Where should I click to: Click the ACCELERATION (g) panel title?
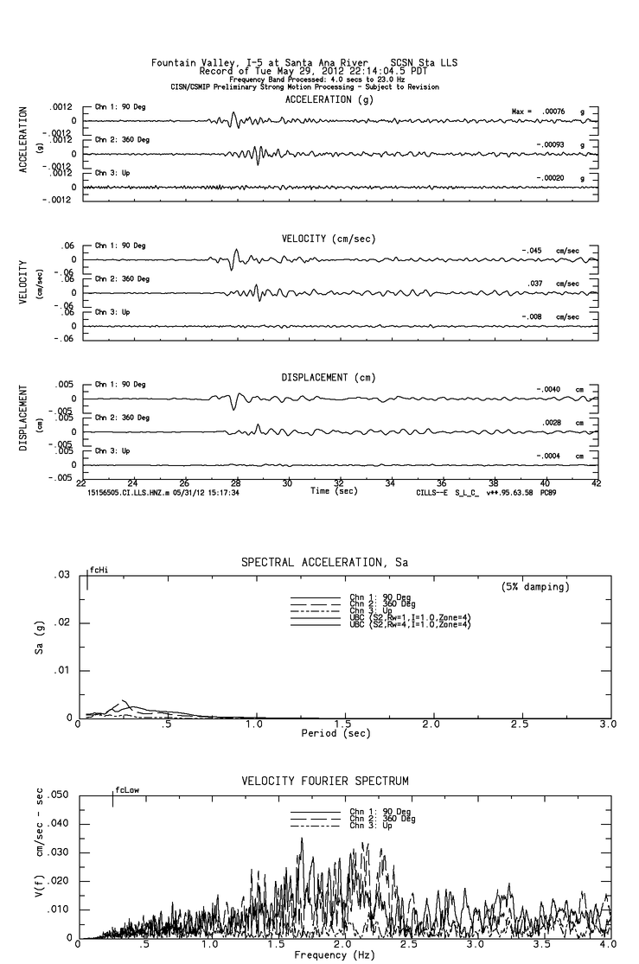point(329,100)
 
